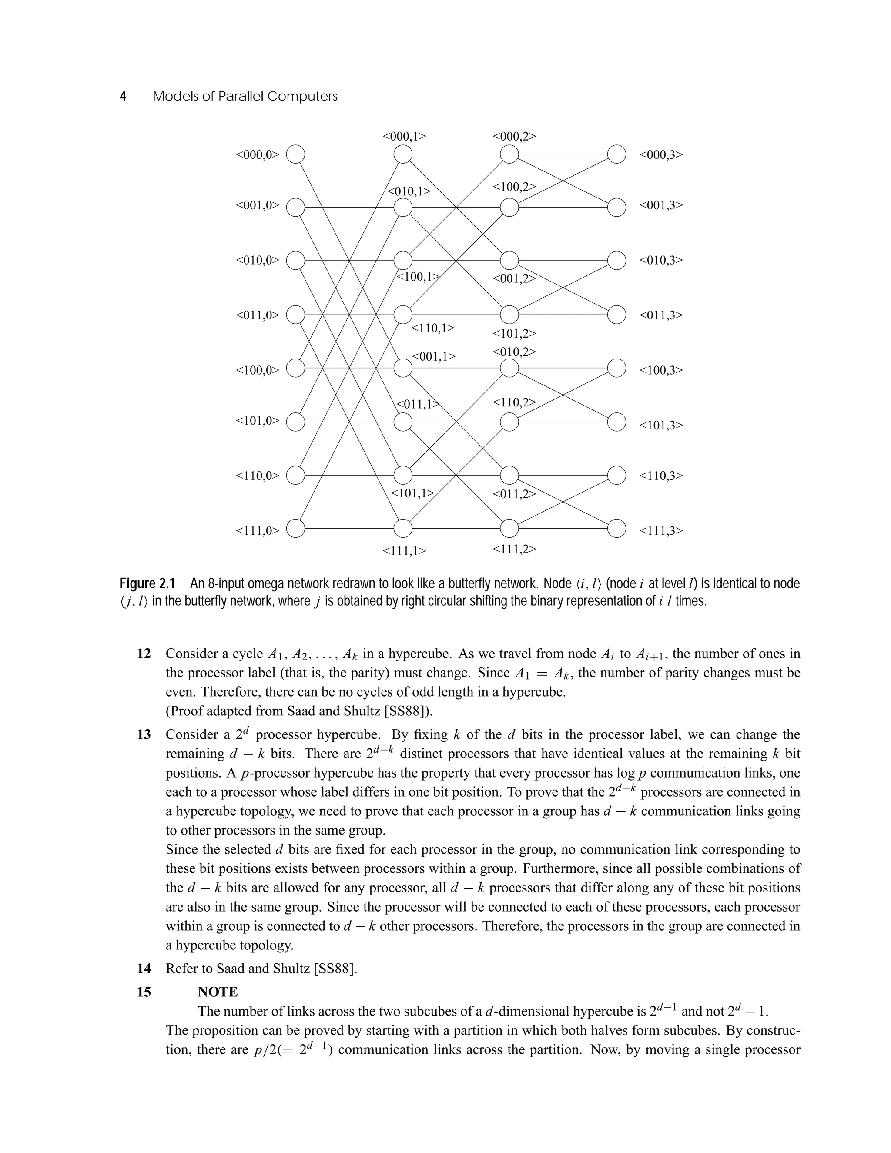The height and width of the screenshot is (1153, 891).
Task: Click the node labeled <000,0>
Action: click(x=295, y=155)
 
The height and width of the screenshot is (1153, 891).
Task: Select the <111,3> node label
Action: click(x=661, y=530)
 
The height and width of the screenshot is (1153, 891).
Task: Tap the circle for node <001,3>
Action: click(x=616, y=208)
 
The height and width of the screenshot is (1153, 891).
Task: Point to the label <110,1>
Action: click(x=432, y=328)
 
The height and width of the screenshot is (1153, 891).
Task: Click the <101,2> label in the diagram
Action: click(x=514, y=334)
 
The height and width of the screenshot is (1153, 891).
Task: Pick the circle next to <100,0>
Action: click(x=295, y=368)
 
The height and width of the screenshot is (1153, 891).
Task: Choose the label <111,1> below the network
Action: click(x=404, y=551)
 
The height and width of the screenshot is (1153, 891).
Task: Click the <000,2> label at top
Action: click(x=514, y=136)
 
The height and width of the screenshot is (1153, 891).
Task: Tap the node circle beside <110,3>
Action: click(x=616, y=475)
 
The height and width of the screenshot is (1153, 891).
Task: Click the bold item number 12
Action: click(x=144, y=654)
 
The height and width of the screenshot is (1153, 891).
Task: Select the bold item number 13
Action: click(x=144, y=734)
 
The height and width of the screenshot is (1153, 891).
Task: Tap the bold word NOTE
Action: click(x=218, y=992)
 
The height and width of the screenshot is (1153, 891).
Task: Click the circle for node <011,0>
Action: click(x=295, y=315)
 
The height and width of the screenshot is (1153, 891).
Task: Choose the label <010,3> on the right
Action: click(x=661, y=260)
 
